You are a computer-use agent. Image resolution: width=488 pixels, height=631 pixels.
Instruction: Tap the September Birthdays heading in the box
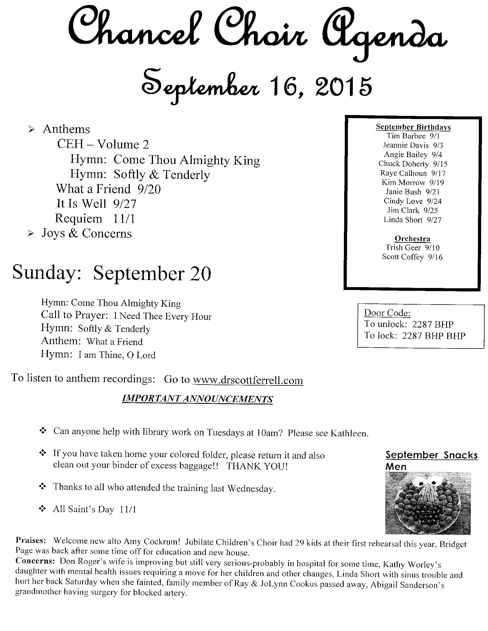click(x=413, y=127)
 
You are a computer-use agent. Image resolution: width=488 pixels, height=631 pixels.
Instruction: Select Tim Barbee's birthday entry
click(x=413, y=136)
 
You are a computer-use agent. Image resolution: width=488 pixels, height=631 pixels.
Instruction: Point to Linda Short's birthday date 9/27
click(x=434, y=220)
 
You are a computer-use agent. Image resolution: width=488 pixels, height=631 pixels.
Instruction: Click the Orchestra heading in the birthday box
click(x=412, y=239)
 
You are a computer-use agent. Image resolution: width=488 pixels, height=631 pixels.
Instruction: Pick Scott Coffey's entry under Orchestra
click(x=412, y=257)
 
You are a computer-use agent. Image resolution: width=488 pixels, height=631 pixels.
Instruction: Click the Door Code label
click(x=387, y=313)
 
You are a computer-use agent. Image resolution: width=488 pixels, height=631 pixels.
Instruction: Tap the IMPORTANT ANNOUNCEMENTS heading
click(x=197, y=399)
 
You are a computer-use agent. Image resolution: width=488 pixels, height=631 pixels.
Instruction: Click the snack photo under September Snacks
click(x=428, y=503)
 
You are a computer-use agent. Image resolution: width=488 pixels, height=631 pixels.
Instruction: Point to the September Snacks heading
click(x=431, y=455)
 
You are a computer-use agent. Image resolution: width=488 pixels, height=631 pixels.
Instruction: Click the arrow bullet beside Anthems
click(x=31, y=130)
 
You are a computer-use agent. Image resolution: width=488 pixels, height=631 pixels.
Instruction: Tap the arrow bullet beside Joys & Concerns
click(x=30, y=234)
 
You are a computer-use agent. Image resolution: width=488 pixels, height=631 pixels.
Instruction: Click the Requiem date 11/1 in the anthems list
click(x=124, y=219)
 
